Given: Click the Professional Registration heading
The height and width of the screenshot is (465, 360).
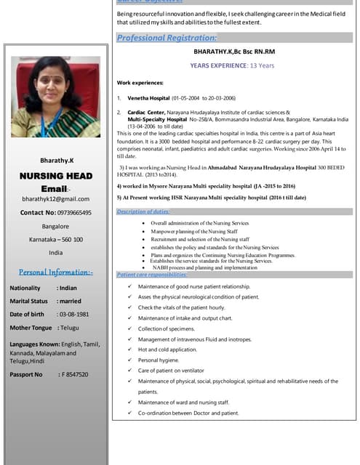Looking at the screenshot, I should click(167, 38).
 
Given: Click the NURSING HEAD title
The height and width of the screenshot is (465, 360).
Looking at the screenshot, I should click(56, 175).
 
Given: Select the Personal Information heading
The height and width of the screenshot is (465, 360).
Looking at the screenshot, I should click(56, 272).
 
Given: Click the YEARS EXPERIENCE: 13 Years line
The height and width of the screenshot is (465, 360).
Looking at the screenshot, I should click(232, 65).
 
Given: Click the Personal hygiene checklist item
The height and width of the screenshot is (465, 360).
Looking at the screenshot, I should click(158, 360).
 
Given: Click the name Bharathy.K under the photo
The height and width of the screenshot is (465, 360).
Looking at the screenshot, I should click(56, 160).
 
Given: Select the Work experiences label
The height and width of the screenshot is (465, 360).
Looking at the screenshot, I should click(142, 83).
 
